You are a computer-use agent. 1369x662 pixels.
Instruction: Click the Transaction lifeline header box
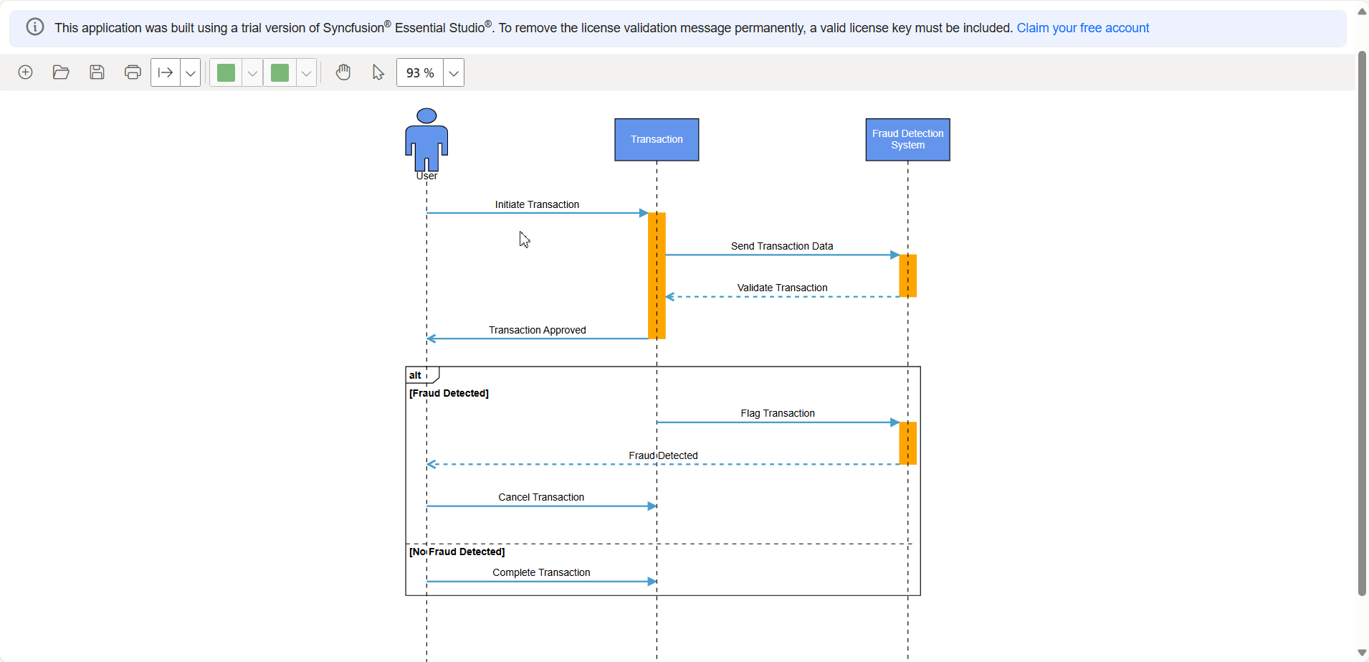[657, 140]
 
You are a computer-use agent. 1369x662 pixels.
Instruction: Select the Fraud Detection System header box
[907, 140]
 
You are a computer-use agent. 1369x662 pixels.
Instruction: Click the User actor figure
[426, 140]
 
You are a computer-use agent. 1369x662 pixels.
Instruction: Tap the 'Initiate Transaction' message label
[537, 204]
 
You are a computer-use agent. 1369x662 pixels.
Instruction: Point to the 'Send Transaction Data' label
[782, 246]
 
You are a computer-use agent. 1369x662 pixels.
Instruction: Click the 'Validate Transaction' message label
[782, 288]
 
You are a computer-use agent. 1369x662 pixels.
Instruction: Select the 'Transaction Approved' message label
[537, 330]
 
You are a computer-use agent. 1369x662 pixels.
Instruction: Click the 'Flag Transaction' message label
[778, 413]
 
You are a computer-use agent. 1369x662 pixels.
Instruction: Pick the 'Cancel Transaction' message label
[541, 497]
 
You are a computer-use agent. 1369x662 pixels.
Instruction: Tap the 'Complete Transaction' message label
[541, 572]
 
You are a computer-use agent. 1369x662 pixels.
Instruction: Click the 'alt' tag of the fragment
[416, 375]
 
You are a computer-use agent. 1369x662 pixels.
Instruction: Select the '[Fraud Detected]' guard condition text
[449, 393]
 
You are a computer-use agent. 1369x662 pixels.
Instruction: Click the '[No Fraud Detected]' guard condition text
[457, 552]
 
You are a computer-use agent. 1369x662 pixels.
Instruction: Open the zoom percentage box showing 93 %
[420, 73]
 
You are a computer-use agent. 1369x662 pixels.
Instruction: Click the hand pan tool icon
[343, 72]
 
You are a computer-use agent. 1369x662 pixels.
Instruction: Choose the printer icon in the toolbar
[133, 72]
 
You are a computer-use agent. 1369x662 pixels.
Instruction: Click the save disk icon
[97, 72]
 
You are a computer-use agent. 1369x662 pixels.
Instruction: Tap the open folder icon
[61, 72]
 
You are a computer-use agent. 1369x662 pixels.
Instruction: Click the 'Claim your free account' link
[1082, 28]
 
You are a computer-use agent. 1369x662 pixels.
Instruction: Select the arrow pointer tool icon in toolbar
[378, 72]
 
